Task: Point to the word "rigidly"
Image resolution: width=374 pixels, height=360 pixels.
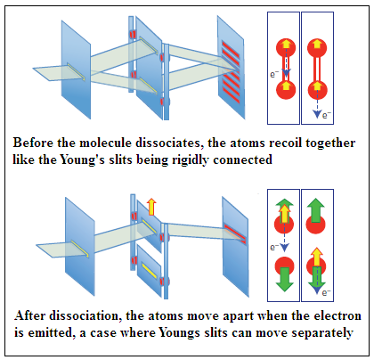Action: (188, 160)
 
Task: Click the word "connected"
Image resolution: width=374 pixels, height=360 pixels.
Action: (242, 160)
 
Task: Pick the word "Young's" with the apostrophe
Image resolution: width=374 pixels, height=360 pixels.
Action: (82, 160)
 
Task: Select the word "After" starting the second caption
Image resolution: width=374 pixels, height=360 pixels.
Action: (29, 315)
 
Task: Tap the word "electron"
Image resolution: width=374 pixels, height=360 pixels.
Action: (337, 315)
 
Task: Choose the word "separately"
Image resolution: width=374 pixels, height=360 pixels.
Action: (322, 333)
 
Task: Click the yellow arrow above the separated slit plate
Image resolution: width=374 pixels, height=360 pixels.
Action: (151, 207)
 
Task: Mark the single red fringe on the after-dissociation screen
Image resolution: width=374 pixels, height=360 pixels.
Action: (235, 234)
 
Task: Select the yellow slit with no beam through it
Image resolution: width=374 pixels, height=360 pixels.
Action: (149, 271)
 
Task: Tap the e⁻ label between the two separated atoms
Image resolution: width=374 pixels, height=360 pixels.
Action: (274, 247)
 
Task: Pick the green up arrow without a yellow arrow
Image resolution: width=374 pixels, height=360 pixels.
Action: (315, 210)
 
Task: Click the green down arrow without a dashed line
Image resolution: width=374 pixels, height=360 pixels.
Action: (285, 279)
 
